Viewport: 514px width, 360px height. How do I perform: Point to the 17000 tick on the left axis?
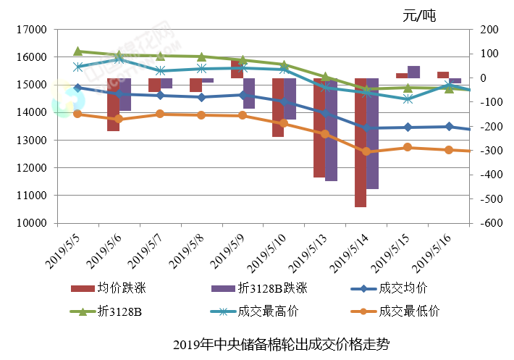31,30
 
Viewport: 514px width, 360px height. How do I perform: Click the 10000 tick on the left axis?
31,223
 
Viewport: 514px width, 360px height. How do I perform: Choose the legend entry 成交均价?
403,289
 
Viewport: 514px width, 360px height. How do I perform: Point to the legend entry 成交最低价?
409,312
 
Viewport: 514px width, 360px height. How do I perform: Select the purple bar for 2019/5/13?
331,130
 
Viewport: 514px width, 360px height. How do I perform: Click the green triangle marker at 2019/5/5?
77,51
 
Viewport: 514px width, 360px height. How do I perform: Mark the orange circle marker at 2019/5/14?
366,151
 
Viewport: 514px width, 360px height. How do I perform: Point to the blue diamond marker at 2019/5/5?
77,88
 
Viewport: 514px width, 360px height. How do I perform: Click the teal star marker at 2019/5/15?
408,99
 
